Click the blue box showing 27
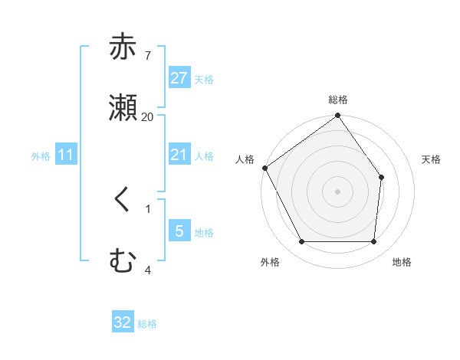tap(179, 78)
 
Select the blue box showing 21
tap(179, 155)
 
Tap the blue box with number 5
tap(179, 231)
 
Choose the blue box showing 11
tap(66, 155)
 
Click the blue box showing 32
tap(123, 322)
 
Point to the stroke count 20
tap(148, 116)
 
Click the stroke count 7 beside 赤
tap(147, 55)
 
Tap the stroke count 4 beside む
tap(147, 269)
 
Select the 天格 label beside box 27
tap(204, 79)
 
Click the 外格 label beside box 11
tap(41, 155)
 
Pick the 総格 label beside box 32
tap(147, 323)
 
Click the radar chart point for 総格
tap(337, 116)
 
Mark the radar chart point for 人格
tap(265, 168)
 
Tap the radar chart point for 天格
tap(382, 177)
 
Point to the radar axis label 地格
tap(402, 262)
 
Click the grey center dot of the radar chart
tap(337, 191)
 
